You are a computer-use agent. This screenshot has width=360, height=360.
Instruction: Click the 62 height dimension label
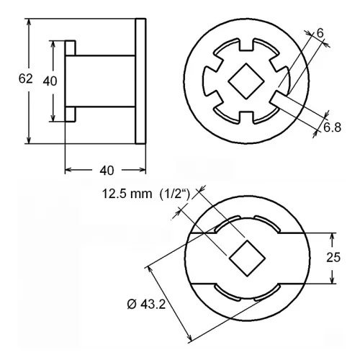[25, 78]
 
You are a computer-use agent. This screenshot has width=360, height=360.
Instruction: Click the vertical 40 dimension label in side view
[50, 81]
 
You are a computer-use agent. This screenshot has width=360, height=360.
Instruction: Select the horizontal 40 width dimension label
[107, 171]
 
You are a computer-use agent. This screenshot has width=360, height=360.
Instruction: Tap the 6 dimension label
[320, 33]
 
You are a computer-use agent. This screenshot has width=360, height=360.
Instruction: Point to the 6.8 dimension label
[333, 127]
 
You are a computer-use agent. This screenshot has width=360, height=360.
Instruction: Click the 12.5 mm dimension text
[127, 194]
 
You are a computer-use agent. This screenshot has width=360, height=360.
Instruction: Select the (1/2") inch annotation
[175, 194]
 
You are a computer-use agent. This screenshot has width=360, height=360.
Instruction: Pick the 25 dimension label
[333, 257]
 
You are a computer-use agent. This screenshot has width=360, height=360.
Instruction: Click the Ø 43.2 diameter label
[146, 305]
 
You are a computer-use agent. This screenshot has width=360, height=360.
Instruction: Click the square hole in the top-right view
[246, 81]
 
